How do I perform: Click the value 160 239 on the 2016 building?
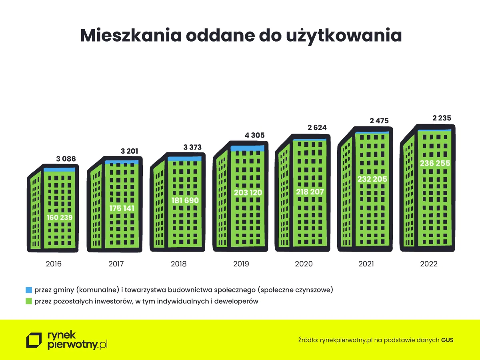click(x=59, y=218)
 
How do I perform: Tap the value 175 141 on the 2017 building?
click(x=122, y=208)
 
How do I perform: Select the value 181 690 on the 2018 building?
click(x=184, y=200)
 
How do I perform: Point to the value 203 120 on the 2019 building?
click(x=248, y=192)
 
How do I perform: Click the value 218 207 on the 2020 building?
click(x=310, y=192)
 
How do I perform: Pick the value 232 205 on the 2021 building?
click(x=372, y=179)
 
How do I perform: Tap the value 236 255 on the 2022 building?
click(x=435, y=163)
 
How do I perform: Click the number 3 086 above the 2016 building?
click(x=66, y=159)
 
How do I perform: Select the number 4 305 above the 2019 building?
click(x=255, y=135)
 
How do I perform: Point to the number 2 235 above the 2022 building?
click(x=442, y=118)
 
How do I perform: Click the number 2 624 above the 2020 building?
click(x=317, y=128)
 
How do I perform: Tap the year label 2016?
click(x=54, y=264)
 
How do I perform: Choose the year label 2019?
click(x=241, y=264)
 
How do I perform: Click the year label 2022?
click(x=429, y=264)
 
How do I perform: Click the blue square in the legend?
click(x=28, y=289)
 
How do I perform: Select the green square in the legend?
click(x=28, y=301)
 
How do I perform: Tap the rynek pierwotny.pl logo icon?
click(x=34, y=340)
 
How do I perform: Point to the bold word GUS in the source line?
click(x=447, y=340)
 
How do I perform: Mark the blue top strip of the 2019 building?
click(x=247, y=148)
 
